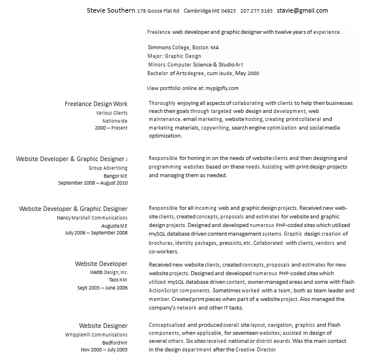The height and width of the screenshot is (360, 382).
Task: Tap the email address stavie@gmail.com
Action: point(302,10)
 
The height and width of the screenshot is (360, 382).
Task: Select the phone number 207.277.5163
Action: point(257,11)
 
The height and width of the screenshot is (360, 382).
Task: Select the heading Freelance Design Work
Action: point(96,104)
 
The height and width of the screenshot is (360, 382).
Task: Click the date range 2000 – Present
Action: point(111,128)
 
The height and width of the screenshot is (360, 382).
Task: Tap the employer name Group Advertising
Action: point(108,168)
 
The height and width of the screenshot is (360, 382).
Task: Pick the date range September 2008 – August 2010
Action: point(93,183)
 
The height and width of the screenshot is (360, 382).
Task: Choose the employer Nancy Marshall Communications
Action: point(92,218)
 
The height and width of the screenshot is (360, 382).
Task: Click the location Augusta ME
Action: point(116,226)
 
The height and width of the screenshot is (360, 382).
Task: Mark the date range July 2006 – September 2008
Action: point(96,233)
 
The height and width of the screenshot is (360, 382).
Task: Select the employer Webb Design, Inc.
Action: point(109,272)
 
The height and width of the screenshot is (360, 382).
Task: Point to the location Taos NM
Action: point(118,280)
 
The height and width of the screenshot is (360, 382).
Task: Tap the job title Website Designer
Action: point(103,325)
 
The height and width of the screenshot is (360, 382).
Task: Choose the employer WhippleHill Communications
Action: point(96,335)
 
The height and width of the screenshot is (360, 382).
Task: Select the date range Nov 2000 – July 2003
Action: point(104,350)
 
